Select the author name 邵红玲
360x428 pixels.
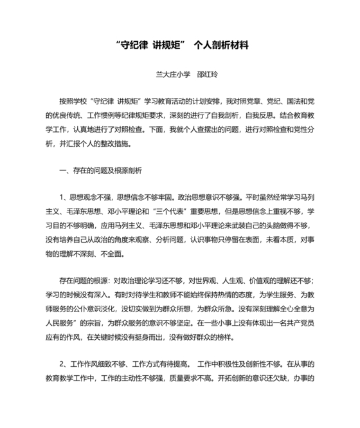click(x=208, y=75)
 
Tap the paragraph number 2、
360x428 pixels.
click(x=63, y=366)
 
